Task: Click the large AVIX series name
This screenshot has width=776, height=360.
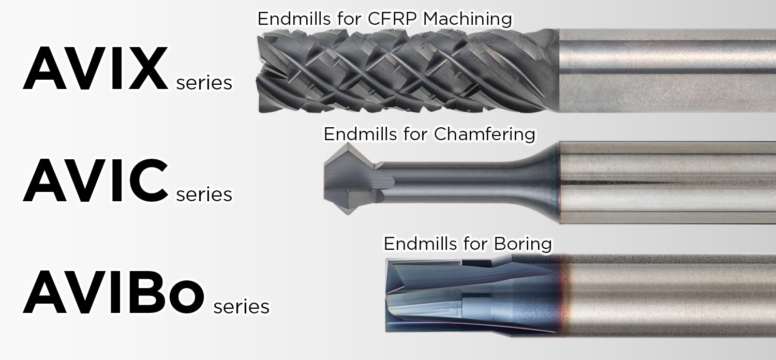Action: coord(96,70)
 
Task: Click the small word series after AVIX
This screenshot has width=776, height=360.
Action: coord(204,83)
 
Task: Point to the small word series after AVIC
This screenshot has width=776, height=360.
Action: coord(204,194)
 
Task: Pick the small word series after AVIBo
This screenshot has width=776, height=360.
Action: coord(241,306)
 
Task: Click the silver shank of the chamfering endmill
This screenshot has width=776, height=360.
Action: coord(667,182)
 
